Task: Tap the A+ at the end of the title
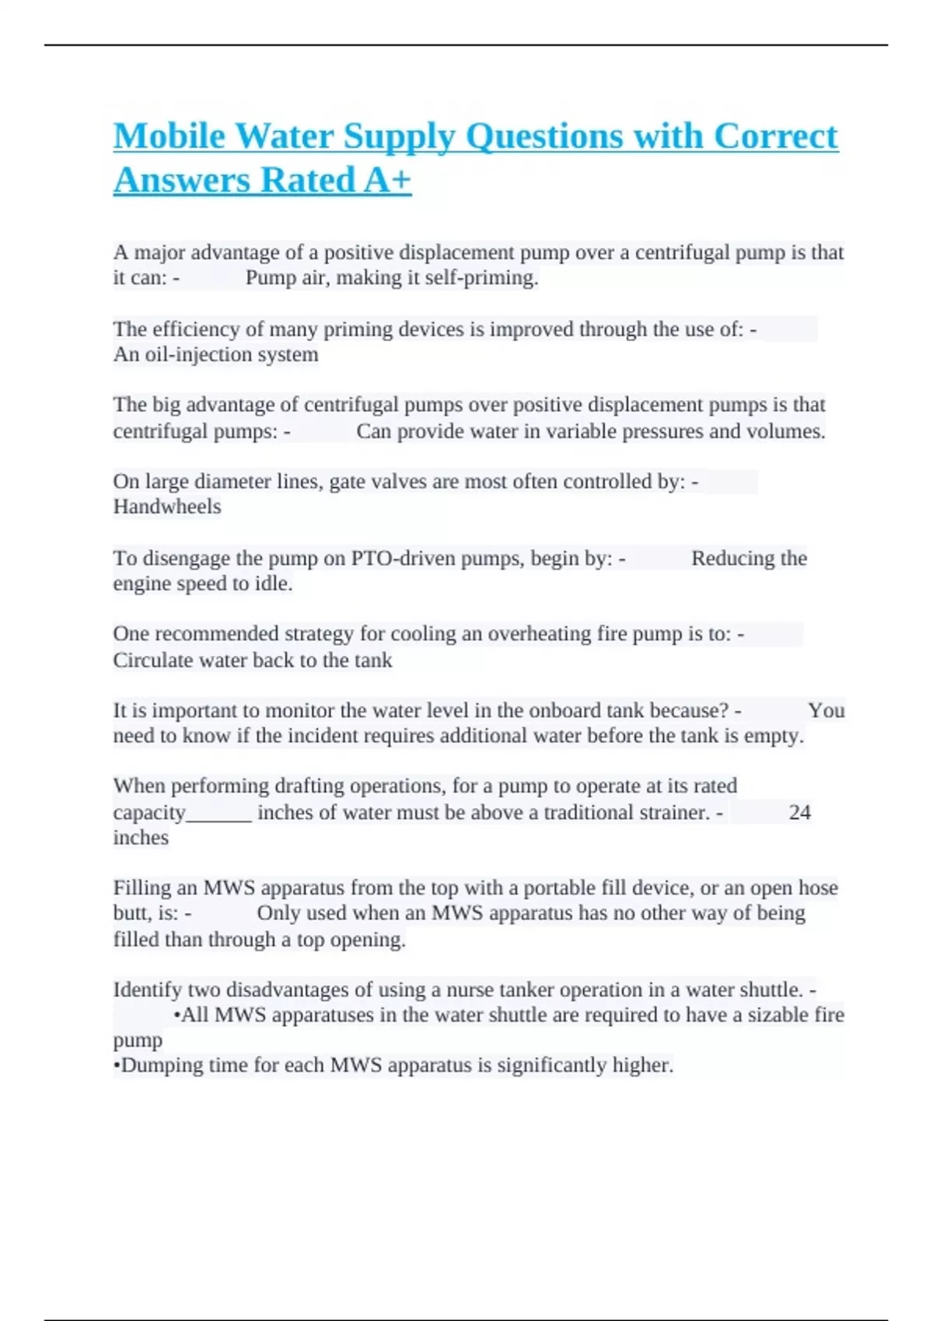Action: [x=387, y=180]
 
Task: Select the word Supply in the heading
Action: [x=399, y=138]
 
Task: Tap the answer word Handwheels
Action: [x=167, y=507]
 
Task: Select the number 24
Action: [x=799, y=812]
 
